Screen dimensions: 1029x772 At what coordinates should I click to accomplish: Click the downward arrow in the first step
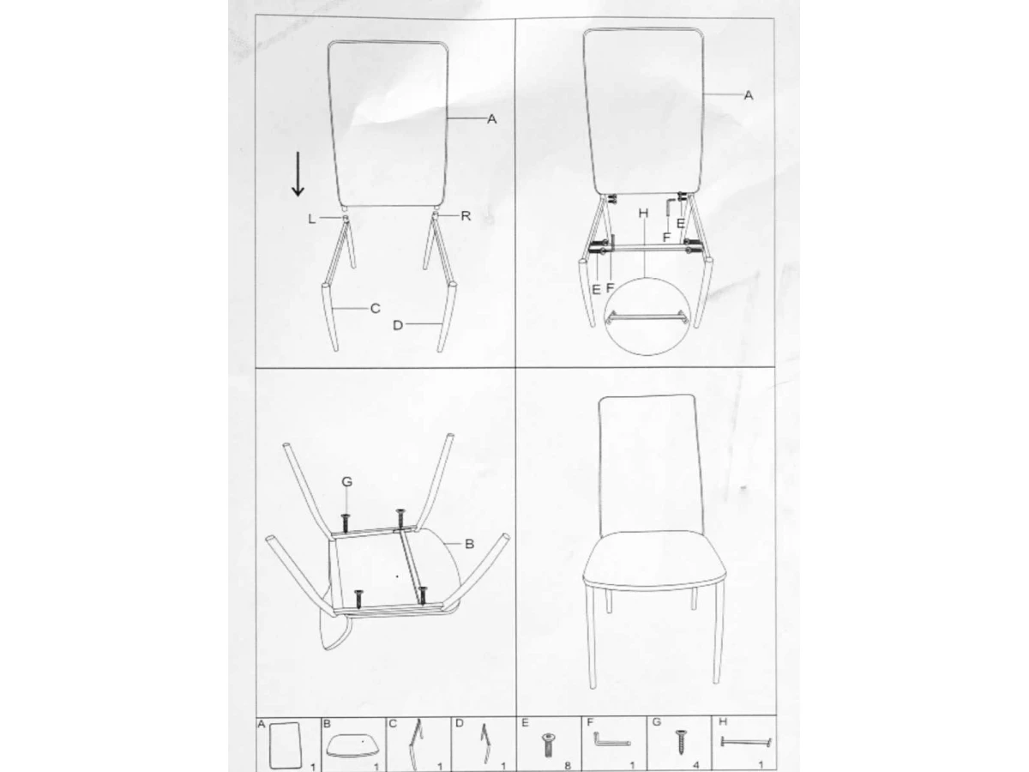tap(298, 174)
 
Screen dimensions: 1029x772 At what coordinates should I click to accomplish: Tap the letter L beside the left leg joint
tap(312, 219)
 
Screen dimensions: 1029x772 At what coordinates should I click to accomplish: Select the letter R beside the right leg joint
tap(466, 215)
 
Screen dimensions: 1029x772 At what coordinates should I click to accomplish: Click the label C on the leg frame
tap(375, 309)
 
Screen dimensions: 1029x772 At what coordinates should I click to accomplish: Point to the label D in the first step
tap(398, 325)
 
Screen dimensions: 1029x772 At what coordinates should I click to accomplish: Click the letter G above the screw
tap(347, 481)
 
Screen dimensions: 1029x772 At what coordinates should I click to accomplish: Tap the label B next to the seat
tap(469, 544)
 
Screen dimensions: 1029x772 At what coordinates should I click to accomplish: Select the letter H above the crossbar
tap(643, 214)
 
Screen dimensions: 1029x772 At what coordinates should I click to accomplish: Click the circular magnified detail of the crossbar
tap(647, 278)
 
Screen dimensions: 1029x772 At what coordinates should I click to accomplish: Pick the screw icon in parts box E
tap(547, 745)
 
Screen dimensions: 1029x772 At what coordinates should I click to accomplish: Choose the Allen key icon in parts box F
tap(611, 739)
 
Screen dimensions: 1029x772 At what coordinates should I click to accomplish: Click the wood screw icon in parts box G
tap(680, 742)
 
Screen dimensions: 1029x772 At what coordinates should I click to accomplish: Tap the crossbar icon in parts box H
tap(745, 742)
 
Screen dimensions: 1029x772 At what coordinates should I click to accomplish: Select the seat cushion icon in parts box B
tap(352, 745)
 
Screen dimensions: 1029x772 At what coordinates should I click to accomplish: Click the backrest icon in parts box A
tap(286, 745)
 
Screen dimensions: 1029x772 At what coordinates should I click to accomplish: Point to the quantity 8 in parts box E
tap(568, 765)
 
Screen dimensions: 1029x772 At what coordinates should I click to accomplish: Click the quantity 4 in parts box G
tap(696, 765)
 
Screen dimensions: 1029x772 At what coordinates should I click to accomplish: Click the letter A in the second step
tap(749, 95)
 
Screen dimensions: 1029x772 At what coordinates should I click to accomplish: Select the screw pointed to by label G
tap(346, 523)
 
